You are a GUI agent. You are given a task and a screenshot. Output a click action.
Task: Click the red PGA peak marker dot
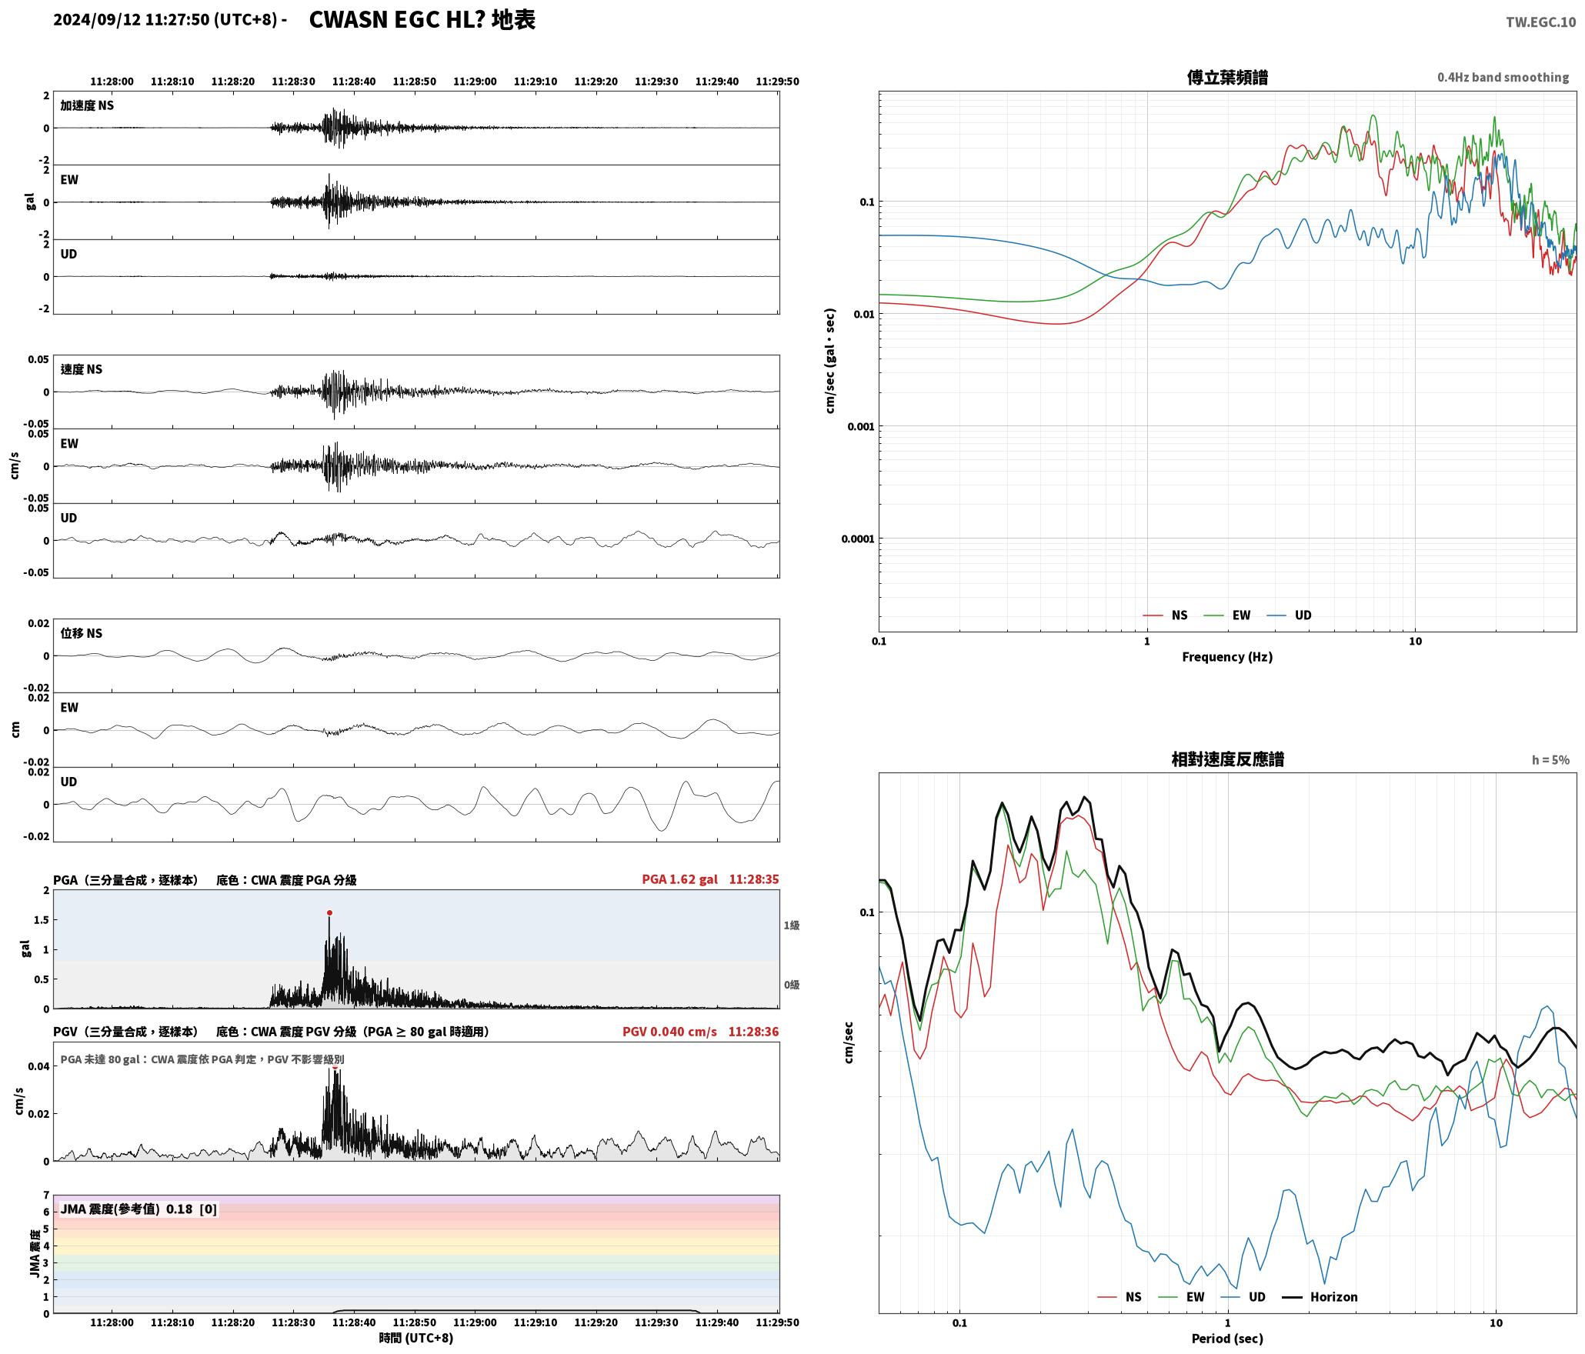coord(329,913)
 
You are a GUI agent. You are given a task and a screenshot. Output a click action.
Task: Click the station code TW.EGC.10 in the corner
coord(1540,22)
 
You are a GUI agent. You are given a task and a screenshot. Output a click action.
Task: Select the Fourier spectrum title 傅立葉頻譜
coord(1227,78)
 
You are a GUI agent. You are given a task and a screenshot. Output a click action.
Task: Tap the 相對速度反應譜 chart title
coord(1227,759)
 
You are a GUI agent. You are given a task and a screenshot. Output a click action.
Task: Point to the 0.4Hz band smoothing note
coord(1503,78)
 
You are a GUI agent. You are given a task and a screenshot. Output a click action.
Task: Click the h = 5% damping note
coord(1550,760)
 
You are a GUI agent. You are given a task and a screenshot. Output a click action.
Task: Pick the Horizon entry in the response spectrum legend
coord(1320,1297)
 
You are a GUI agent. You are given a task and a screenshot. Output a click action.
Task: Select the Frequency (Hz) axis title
coord(1227,657)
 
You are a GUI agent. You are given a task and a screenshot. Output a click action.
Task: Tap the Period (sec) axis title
coord(1227,1339)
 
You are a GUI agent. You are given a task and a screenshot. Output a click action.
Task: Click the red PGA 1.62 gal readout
coord(679,879)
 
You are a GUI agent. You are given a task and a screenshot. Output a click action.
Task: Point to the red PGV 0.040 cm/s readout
coord(669,1032)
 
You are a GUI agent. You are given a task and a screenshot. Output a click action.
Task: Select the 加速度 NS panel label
coord(87,105)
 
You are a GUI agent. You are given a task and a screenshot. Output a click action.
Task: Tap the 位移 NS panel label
coord(82,633)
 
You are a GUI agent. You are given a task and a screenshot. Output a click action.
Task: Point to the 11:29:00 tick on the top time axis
coord(475,82)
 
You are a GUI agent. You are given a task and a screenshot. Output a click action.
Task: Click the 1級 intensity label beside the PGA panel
coord(792,925)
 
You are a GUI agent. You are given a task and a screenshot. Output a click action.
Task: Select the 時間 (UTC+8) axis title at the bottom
coord(416,1339)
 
